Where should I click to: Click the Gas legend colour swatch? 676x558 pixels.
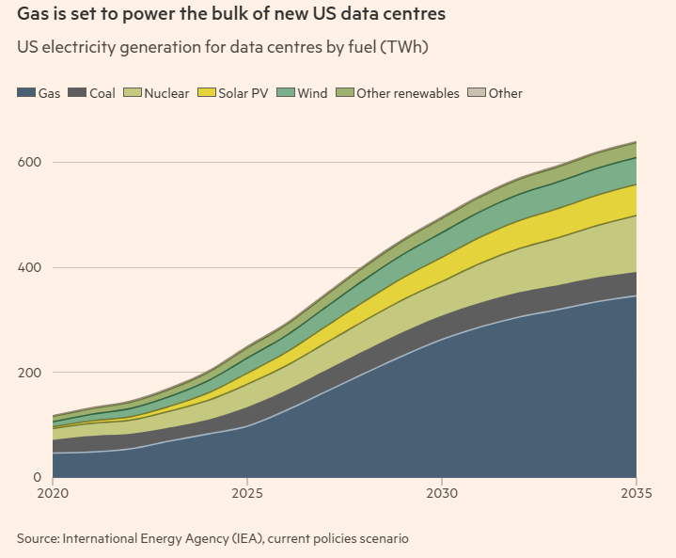coord(26,92)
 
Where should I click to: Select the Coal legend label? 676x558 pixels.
coord(102,93)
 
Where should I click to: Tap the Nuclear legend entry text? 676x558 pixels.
coord(166,93)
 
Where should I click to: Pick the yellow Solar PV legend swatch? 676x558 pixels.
coord(206,92)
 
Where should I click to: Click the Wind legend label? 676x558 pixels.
coord(312,93)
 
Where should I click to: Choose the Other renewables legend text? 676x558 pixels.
coord(408,93)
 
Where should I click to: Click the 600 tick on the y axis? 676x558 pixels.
coord(29,162)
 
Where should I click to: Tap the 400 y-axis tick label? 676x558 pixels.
coord(29,267)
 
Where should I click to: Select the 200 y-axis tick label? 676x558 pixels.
coord(29,373)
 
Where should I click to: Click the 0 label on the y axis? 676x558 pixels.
coord(37,477)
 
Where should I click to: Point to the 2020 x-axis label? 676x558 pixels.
coord(53,493)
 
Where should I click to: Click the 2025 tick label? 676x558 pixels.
coord(247,493)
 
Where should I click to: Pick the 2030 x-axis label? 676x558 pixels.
coord(442,493)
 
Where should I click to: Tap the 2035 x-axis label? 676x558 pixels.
coord(637,493)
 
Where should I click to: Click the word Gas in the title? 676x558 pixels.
coord(31,14)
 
